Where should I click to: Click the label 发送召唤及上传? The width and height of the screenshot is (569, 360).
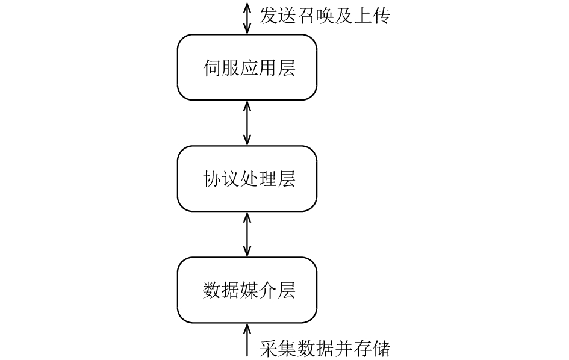pos(325,16)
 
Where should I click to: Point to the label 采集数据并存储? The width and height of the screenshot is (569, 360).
pos(325,349)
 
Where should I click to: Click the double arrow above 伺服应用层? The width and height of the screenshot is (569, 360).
pos(247,18)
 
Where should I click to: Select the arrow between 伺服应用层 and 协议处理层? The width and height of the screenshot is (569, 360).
pos(247,123)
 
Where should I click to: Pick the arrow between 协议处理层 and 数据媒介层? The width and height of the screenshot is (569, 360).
pos(247,234)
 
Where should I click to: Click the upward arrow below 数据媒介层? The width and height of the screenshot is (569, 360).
pos(247,340)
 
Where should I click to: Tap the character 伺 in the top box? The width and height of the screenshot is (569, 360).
pos(212,68)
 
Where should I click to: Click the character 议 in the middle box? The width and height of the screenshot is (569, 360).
pos(231,179)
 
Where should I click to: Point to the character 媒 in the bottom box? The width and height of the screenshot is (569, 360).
pos(249,291)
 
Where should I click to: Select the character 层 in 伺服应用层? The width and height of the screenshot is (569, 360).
pos(287,68)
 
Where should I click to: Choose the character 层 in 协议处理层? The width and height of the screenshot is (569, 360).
pos(287,179)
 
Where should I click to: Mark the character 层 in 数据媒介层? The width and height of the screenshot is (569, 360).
pos(287,291)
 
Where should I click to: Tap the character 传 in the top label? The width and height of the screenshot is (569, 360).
pos(381,16)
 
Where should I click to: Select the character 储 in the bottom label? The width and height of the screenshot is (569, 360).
pos(381,349)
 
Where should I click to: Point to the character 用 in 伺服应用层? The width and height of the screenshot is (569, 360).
pos(268,68)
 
